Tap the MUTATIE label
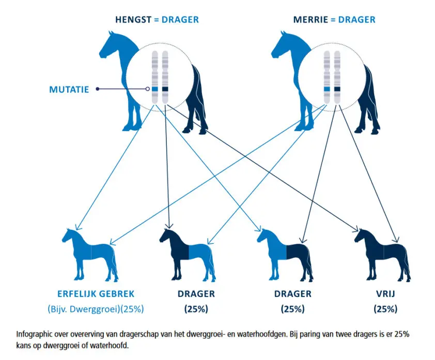click(x=69, y=89)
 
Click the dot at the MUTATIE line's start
click(x=98, y=89)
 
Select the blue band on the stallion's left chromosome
click(x=154, y=89)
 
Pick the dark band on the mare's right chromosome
click(x=337, y=89)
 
